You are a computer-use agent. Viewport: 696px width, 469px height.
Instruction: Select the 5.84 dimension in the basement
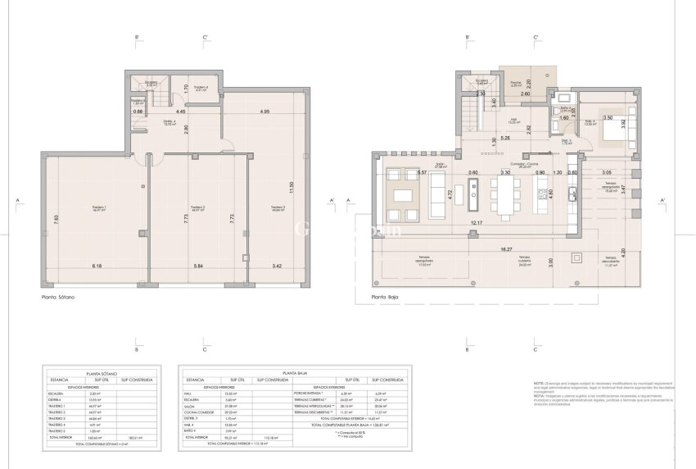pyautogui.click(x=197, y=266)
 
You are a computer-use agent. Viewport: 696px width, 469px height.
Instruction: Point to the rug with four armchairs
pyautogui.click(x=402, y=189)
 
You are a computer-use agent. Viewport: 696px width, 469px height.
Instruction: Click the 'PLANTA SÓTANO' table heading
pyautogui.click(x=96, y=371)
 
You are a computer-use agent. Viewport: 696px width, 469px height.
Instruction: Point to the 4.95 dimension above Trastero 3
pyautogui.click(x=264, y=111)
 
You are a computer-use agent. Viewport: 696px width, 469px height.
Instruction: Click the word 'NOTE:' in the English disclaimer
pyautogui.click(x=538, y=384)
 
